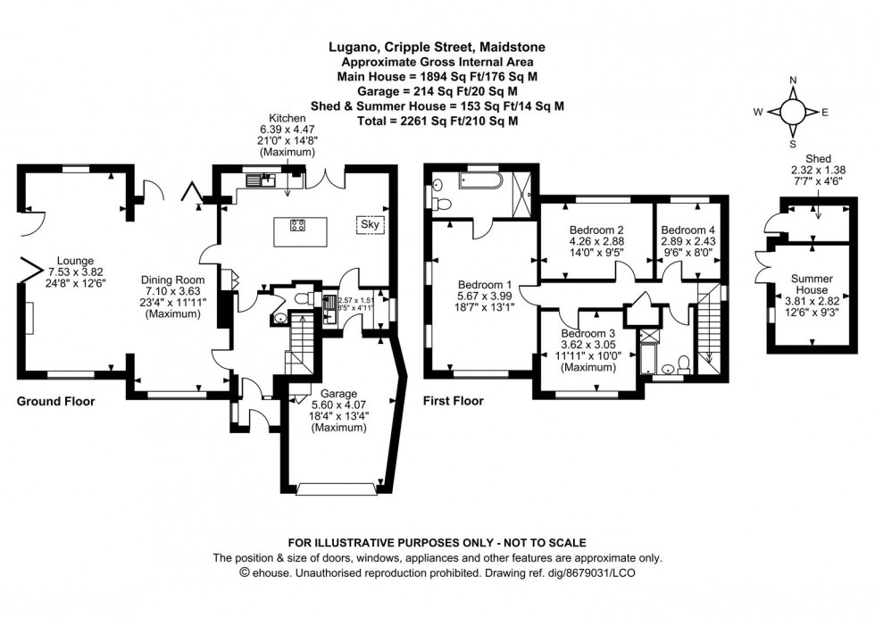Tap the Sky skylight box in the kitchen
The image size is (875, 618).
(x=369, y=224)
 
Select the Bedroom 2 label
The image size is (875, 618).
(x=596, y=229)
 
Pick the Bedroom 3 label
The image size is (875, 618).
(x=586, y=333)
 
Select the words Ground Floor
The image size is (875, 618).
(x=55, y=401)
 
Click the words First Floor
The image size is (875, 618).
(x=453, y=401)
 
